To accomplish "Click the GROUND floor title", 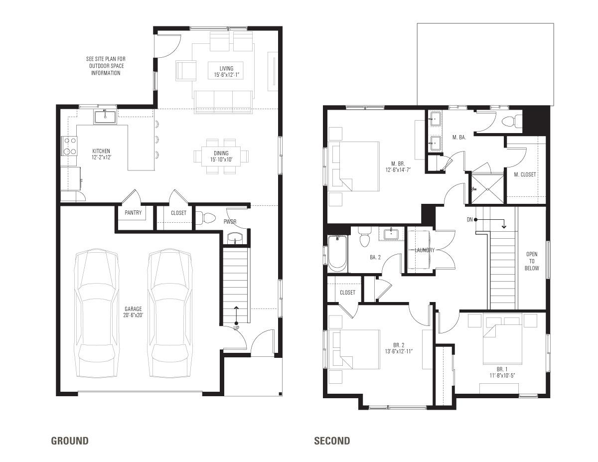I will [70, 441].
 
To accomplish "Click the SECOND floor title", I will [332, 441].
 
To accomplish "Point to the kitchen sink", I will [105, 117].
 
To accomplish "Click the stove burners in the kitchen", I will [69, 146].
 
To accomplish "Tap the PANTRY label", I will [133, 213].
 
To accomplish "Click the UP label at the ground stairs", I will [236, 328].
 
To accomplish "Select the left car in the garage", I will [97, 314].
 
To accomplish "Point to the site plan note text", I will [105, 66].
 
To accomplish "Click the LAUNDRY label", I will [425, 250].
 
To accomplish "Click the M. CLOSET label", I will [525, 174].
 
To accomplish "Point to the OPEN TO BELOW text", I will [532, 261].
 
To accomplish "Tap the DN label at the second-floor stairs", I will [469, 219].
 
